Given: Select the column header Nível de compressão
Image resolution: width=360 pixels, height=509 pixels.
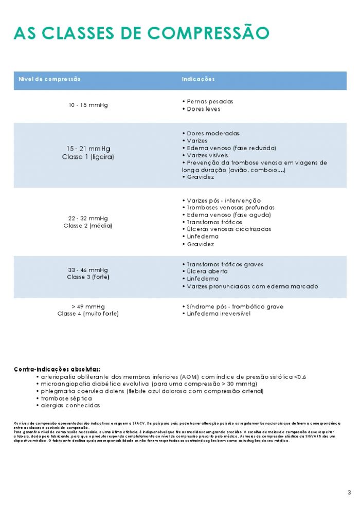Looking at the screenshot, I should tap(49, 79).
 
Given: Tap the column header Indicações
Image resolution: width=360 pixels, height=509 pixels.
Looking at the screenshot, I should tap(198, 79).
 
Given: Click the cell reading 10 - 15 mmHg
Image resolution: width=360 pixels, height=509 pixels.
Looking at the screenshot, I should tap(88, 105).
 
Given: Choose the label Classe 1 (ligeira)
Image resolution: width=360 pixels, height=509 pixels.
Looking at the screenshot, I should tap(88, 157).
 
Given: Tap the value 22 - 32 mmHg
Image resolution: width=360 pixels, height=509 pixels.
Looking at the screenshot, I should tap(88, 218).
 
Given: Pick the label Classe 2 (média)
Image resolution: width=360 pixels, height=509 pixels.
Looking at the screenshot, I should tap(88, 226).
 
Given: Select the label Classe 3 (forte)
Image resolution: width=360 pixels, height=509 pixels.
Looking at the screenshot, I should tap(88, 277).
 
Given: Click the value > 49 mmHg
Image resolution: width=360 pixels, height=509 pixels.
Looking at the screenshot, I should tap(88, 306).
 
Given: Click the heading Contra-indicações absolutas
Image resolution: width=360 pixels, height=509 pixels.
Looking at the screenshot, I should tap(57, 369).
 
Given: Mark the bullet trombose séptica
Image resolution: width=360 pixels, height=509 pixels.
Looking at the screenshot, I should tap(66, 398).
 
